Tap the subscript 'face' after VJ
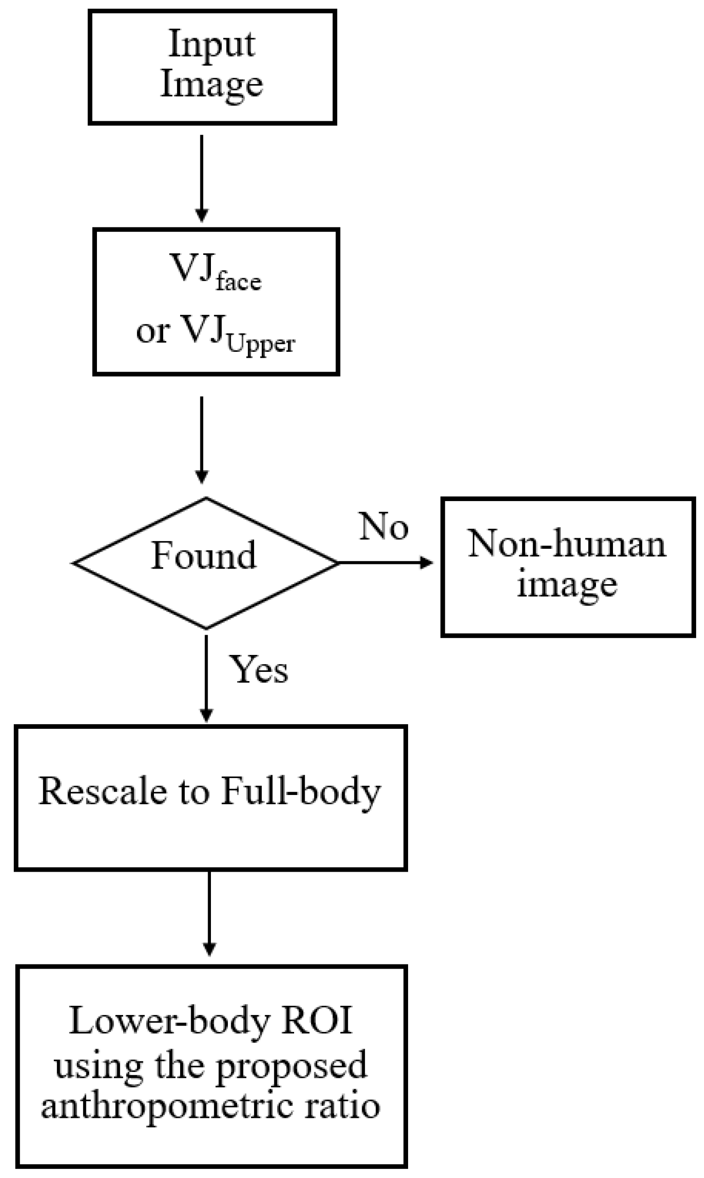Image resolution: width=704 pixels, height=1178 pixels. point(238,282)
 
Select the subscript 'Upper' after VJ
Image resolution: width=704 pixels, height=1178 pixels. point(261,344)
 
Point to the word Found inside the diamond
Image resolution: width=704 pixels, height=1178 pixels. point(204,556)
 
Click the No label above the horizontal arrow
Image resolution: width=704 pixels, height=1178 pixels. point(383,526)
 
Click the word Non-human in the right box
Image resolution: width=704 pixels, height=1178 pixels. point(567,544)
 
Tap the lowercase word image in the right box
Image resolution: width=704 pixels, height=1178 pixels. point(567,585)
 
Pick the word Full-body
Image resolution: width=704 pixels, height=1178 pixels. point(301,792)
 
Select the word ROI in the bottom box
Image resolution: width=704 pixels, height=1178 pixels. point(317,1020)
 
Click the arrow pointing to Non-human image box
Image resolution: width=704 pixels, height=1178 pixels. point(385,563)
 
